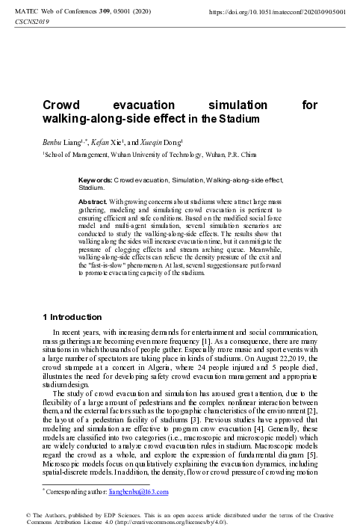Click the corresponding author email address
141,492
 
